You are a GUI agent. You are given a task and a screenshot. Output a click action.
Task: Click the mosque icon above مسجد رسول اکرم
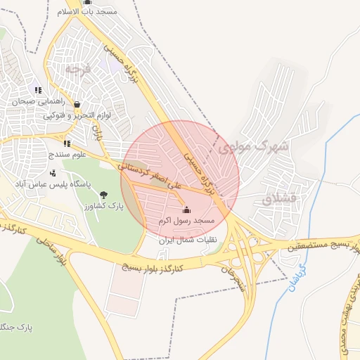point(186,210)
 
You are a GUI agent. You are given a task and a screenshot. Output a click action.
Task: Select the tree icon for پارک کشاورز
point(104,195)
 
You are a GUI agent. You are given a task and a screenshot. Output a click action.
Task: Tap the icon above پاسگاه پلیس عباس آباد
point(53,172)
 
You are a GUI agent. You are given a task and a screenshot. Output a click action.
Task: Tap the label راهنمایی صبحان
point(38,101)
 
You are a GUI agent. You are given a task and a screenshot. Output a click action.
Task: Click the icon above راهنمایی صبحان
point(38,90)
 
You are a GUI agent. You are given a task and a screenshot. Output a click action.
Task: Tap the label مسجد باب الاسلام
point(87,13)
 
